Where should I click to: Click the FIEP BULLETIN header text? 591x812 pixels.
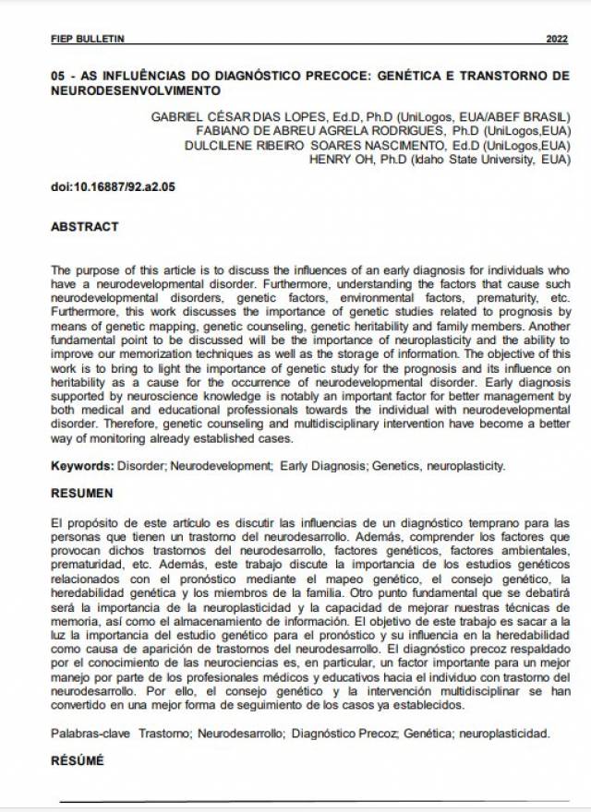click(87, 39)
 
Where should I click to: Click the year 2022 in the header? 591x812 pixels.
click(557, 39)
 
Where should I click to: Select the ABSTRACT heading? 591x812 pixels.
click(84, 226)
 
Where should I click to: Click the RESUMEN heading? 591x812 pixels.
click(82, 494)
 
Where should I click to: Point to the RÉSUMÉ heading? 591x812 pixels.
click(78, 761)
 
